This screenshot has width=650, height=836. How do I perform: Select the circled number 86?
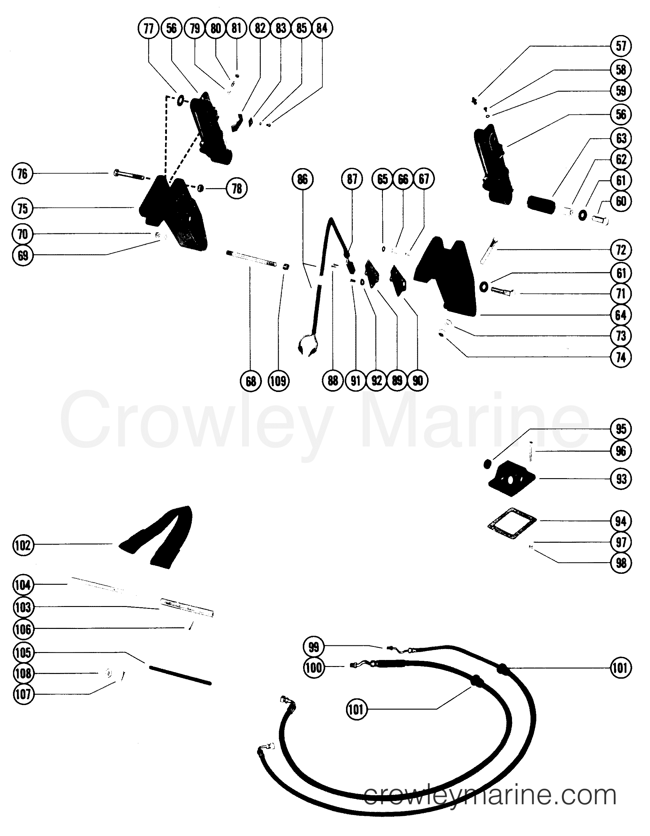click(x=302, y=179)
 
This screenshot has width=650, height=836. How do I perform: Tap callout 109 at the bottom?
click(x=278, y=381)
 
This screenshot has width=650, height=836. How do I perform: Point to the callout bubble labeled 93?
click(x=621, y=479)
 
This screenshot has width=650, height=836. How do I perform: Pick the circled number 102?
click(x=23, y=545)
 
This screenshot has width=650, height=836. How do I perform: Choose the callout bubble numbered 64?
click(x=621, y=315)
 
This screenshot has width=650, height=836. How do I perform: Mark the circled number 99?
click(x=313, y=647)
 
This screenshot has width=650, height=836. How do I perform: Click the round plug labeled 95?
click(x=487, y=464)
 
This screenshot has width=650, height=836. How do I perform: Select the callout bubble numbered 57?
click(x=621, y=46)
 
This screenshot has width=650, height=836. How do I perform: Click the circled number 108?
click(x=23, y=673)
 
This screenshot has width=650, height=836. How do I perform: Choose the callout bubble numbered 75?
click(x=23, y=209)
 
